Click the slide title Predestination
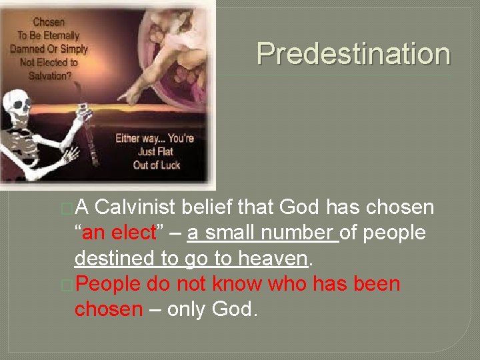pos(353,53)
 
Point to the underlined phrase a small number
pos(263,233)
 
